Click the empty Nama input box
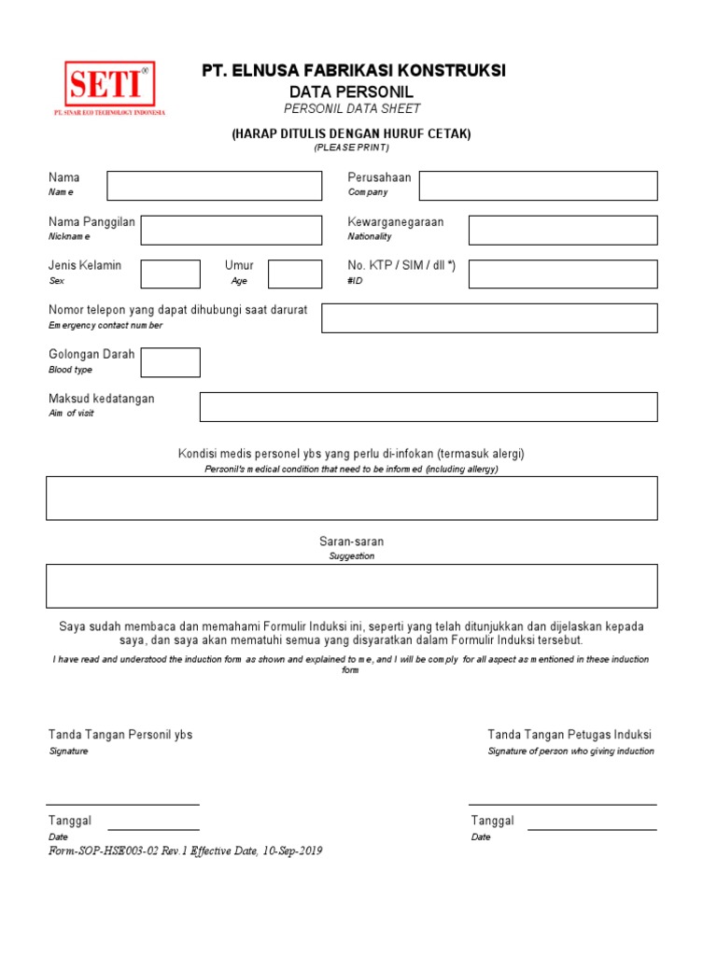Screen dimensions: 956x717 pos(214,186)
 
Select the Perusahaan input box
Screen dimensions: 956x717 pos(538,186)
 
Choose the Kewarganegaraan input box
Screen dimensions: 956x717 pos(563,230)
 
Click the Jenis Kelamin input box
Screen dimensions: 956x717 pos(170,274)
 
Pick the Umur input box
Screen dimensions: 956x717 pos(295,274)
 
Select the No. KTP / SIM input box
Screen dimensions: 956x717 pos(563,274)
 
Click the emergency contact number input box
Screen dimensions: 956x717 pos(489,317)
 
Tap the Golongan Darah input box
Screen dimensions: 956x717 pos(170,362)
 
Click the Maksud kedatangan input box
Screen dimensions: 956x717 pos(429,407)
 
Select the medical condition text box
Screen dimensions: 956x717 pos(352,498)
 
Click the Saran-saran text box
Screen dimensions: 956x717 pos(352,585)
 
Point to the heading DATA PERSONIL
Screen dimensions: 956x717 pos(351,91)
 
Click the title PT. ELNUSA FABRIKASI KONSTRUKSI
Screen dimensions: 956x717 pos(354,71)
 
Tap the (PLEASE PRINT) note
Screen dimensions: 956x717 pos(351,148)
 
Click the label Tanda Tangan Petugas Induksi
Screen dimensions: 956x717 pos(569,735)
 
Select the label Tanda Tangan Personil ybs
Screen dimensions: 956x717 pos(120,735)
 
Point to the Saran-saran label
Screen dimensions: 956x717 pos(351,541)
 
